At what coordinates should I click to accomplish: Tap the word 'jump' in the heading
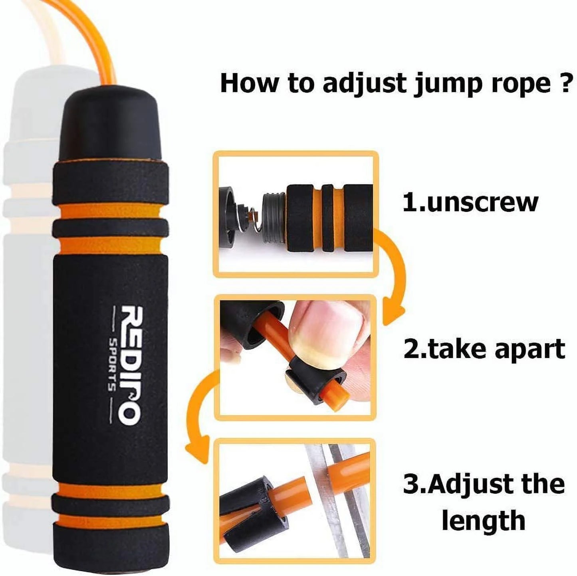point(439,83)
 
